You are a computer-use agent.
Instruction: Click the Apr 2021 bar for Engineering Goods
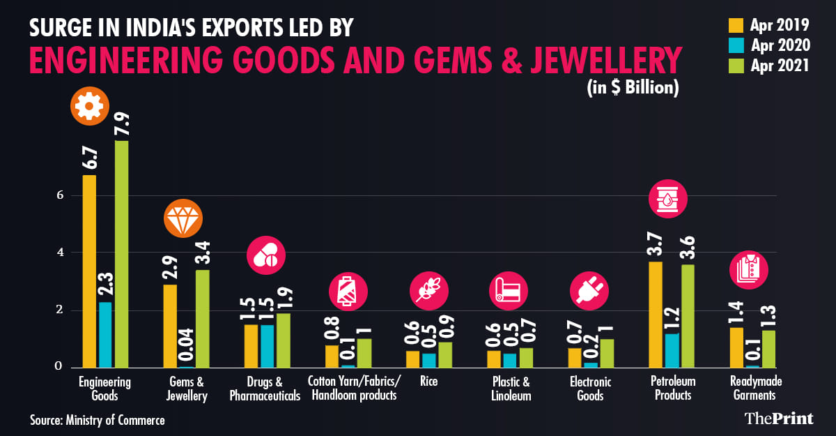pos(122,254)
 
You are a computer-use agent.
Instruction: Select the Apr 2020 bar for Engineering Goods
pos(105,334)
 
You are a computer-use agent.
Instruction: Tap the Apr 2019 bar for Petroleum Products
pos(656,314)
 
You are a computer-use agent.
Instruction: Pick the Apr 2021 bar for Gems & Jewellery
pos(203,318)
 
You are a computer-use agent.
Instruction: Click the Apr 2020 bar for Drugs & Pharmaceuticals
pos(267,346)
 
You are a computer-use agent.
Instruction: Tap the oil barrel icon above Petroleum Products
pos(667,198)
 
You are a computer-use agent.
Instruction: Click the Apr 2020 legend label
pos(780,45)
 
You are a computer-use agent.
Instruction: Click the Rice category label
pos(429,382)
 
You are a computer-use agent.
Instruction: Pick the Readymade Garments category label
pos(752,389)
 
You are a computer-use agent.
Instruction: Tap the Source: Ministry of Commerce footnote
pos(98,420)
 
